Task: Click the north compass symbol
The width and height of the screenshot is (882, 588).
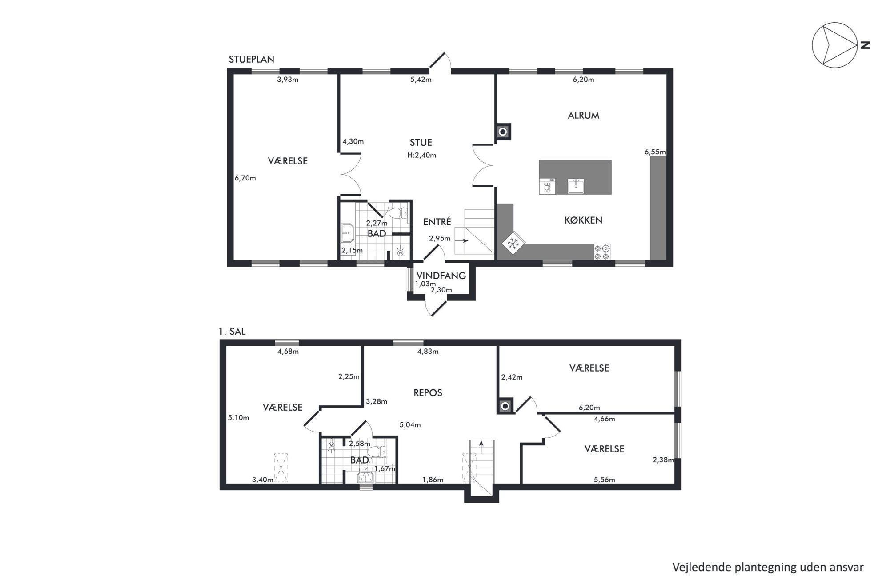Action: coord(835,45)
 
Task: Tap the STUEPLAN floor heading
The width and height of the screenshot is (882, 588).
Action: coord(251,59)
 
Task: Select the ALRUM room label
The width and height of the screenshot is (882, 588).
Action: coord(583,116)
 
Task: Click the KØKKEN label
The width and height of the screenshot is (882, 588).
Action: coord(583,220)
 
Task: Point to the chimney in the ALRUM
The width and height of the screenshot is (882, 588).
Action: coord(503,132)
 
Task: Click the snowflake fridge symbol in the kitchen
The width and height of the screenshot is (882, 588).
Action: coord(514,243)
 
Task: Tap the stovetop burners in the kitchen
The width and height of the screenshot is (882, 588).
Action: coord(602,252)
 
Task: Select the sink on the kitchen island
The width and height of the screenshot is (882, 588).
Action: coord(576,186)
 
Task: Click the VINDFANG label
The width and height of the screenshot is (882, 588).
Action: coord(441,276)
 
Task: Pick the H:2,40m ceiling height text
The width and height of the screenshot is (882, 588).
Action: coord(421,155)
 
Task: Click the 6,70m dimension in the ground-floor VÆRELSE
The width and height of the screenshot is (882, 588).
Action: coord(245,178)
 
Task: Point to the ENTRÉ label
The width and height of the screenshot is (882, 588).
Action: coord(437,222)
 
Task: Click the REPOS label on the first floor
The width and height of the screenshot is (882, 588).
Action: coord(428,393)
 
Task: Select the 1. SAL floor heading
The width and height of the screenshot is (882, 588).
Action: coord(232,332)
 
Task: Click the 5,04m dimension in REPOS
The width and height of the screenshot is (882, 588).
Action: coord(410,425)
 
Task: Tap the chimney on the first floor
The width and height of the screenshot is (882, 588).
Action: coord(505,406)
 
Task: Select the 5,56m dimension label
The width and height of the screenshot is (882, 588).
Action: coord(605,480)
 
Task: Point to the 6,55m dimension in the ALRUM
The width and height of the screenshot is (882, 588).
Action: coord(655,152)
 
